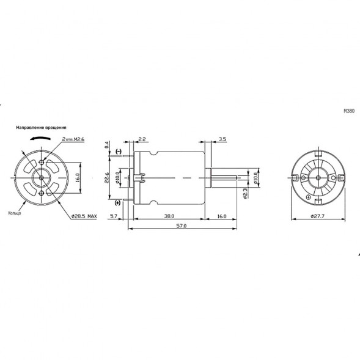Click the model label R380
[348, 111]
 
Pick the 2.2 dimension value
[141, 139]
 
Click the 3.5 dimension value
[222, 139]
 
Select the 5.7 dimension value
[114, 216]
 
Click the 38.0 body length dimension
[169, 216]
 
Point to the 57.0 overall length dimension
[181, 226]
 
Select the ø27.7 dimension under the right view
[317, 216]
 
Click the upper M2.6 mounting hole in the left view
[41, 162]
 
